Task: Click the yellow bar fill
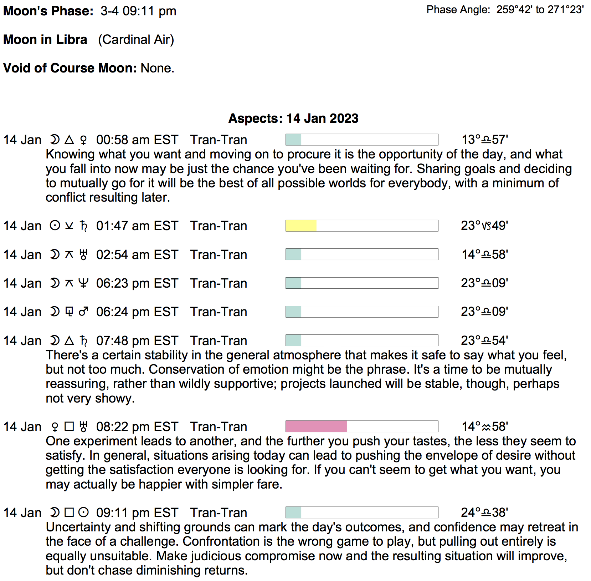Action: (x=301, y=226)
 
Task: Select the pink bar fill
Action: (x=316, y=426)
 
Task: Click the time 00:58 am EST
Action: (x=137, y=140)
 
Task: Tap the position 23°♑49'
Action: (x=484, y=226)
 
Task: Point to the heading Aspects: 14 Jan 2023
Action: (x=293, y=118)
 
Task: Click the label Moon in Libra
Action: (x=45, y=39)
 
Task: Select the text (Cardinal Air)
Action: (x=136, y=39)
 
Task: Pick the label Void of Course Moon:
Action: (x=70, y=68)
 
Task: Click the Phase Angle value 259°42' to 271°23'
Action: (x=540, y=10)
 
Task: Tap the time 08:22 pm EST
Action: (x=137, y=426)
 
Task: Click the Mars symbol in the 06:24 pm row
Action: (x=83, y=312)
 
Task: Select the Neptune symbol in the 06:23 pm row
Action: (x=83, y=283)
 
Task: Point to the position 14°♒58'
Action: (x=485, y=426)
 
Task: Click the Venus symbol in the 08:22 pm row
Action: (x=55, y=426)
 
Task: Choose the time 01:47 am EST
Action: (x=137, y=226)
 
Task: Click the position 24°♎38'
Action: (x=484, y=512)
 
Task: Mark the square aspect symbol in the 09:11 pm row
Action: (x=69, y=512)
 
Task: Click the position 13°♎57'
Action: (x=485, y=140)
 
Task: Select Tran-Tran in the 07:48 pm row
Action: (x=219, y=340)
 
